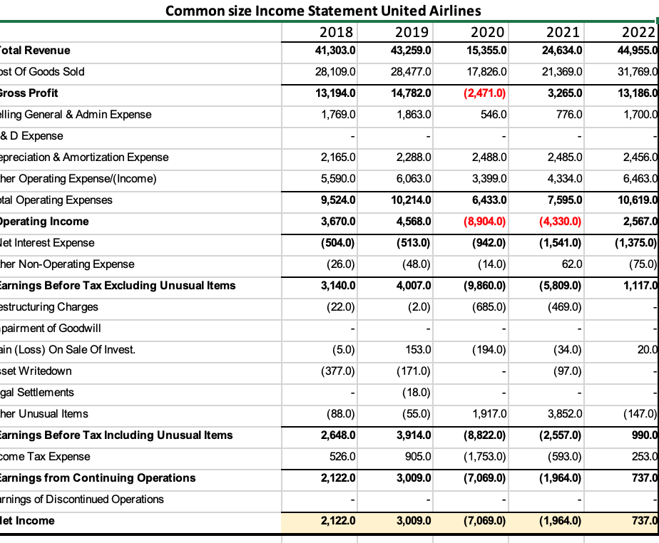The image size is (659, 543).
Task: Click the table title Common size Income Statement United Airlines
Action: coord(322,11)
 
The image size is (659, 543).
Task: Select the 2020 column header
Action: coord(488,31)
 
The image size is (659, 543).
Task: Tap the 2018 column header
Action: coord(336,31)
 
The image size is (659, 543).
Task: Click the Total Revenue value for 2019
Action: coord(412,51)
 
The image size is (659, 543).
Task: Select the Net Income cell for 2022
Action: coord(643,521)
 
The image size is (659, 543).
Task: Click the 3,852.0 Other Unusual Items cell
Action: coord(564,414)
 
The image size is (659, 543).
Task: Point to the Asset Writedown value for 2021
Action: coord(566,371)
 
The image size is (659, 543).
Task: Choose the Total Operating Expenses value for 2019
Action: coord(412,200)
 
